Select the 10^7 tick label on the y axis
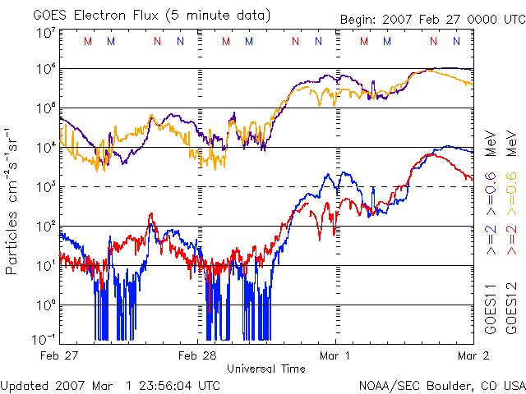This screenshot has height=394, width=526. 45,34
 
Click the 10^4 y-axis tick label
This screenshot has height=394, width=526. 45,148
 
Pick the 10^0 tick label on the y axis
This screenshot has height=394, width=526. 45,305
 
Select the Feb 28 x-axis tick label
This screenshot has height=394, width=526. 197,355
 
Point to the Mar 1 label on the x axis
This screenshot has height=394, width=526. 335,355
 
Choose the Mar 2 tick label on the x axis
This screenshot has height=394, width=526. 473,355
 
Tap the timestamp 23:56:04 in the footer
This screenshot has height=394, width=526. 166,384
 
